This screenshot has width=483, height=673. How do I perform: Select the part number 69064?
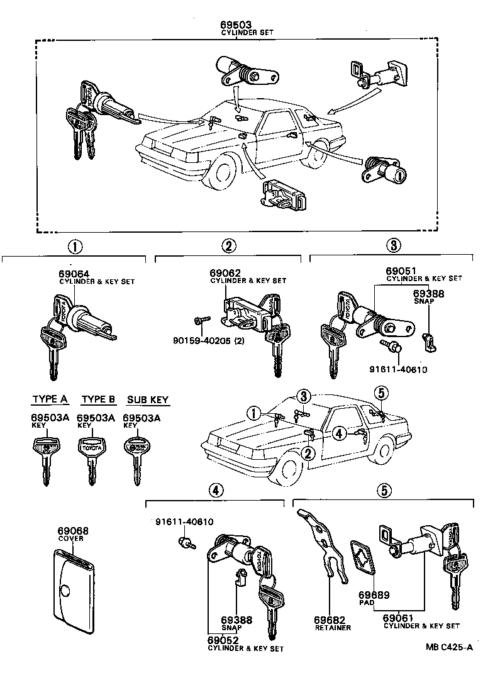click(74, 274)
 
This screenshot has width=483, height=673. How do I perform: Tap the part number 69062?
click(225, 273)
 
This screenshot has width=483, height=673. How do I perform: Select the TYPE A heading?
click(50, 399)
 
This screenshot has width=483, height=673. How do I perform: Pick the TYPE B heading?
click(99, 399)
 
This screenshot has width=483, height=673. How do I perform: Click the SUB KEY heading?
click(148, 399)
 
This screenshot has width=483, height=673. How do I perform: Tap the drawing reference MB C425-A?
click(448, 647)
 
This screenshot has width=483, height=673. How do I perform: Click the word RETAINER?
click(333, 628)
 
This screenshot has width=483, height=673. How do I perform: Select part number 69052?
click(223, 640)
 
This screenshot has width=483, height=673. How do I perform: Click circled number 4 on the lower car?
click(338, 433)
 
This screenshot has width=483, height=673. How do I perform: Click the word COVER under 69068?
click(70, 539)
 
